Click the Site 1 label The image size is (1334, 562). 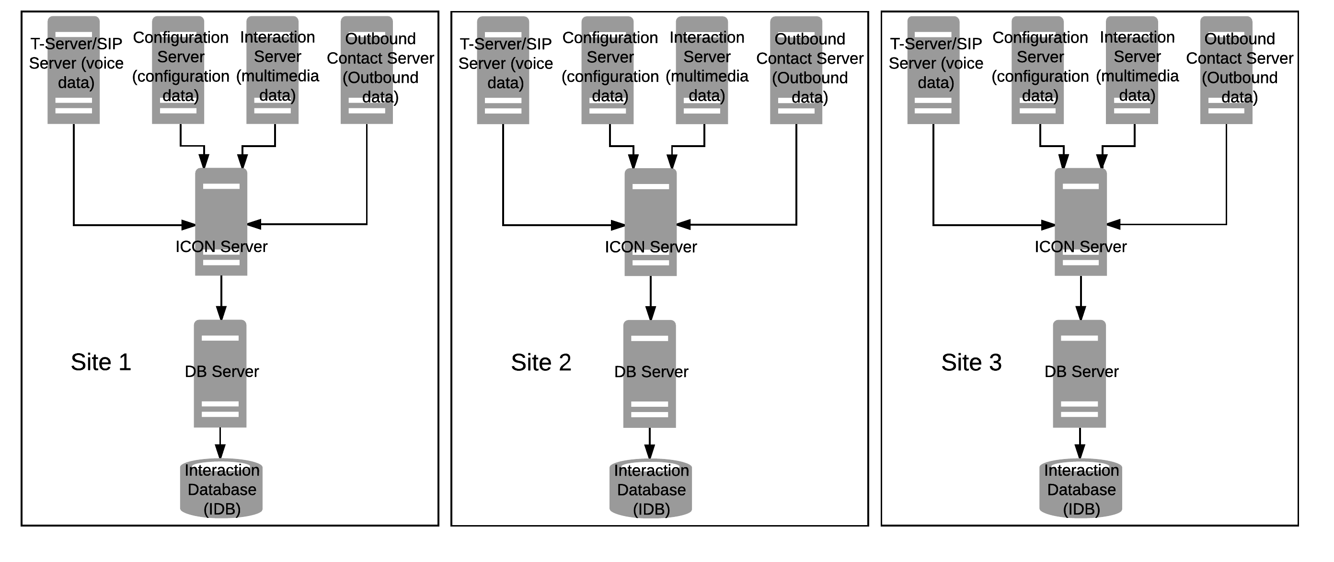pyautogui.click(x=101, y=362)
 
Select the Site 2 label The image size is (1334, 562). pyautogui.click(x=541, y=363)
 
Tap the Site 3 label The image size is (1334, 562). pyautogui.click(x=971, y=363)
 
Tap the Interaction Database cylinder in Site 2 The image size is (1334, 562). pyautogui.click(x=650, y=488)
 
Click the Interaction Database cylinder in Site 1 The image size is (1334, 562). pyautogui.click(x=221, y=488)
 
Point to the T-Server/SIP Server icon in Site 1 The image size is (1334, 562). pyautogui.click(x=73, y=70)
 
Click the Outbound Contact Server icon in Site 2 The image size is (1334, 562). pyautogui.click(x=796, y=70)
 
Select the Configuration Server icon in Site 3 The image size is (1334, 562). pyautogui.click(x=1038, y=70)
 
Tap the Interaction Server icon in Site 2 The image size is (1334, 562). pyautogui.click(x=701, y=70)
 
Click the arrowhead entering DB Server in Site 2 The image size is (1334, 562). pyautogui.click(x=650, y=313)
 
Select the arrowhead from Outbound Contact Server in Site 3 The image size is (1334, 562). pyautogui.click(x=1114, y=224)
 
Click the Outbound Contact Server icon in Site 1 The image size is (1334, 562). pyautogui.click(x=367, y=70)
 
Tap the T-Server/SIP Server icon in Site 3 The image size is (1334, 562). pyautogui.click(x=933, y=70)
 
